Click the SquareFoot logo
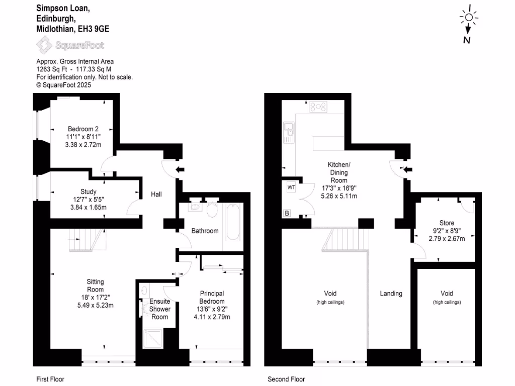tap(70, 46)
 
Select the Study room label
tap(88, 191)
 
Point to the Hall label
tap(156, 194)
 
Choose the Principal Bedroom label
tap(212, 298)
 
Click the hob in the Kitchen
tap(318, 107)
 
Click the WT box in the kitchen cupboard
tap(291, 187)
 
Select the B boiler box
tap(287, 214)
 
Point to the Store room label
tap(447, 223)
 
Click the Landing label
tap(391, 294)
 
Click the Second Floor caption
tap(286, 379)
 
